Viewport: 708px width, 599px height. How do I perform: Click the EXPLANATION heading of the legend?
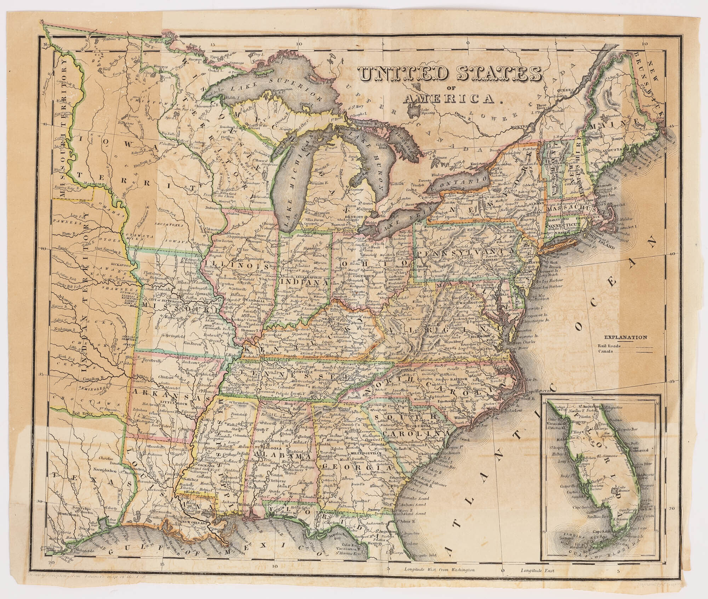pos(626,337)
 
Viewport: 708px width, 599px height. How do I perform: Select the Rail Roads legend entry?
pos(610,346)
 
